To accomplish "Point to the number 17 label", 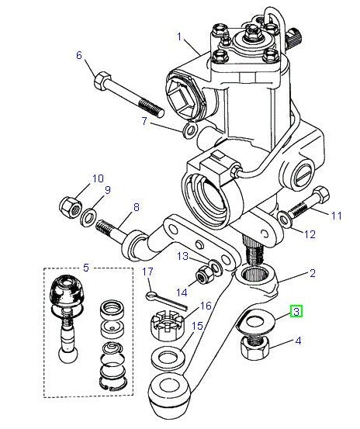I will pos(147,272).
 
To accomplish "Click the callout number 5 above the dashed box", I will pos(85,268).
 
